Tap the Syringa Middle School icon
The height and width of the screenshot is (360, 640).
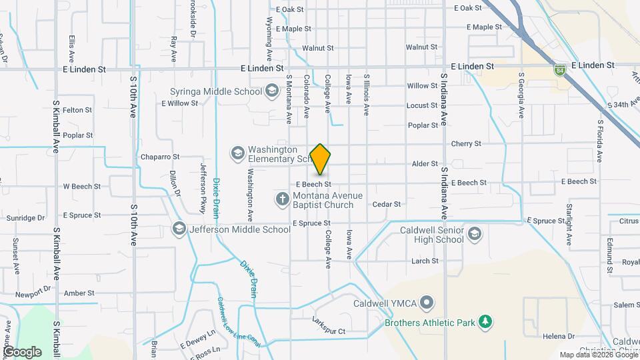pos(271,90)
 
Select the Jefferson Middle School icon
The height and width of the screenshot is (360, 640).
pos(179,229)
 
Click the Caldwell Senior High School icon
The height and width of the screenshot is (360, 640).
pos(473,234)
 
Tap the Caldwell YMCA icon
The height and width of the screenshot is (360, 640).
pos(427,304)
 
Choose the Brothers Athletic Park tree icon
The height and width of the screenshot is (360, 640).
pos(486,323)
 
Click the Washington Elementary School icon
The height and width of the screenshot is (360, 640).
pos(237,154)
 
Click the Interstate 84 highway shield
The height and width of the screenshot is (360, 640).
pos(561,69)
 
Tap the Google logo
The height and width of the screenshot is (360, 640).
pos(21,351)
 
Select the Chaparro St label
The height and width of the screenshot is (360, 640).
pos(160,157)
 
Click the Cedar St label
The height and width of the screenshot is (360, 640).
pos(387,205)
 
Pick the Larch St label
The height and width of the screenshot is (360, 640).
pos(425,261)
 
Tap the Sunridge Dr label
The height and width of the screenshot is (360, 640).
pos(25,218)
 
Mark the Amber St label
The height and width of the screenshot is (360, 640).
pos(79,293)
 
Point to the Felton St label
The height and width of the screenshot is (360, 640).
pos(77,110)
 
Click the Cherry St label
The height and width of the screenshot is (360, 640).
pos(466,144)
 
